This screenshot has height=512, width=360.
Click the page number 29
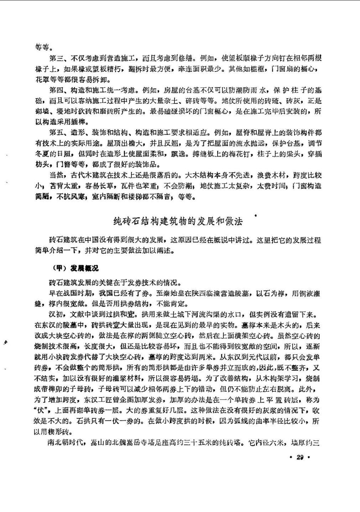click(x=299, y=457)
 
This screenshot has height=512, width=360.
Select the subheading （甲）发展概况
click(x=75, y=268)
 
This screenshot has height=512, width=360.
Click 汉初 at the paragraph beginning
click(x=56, y=315)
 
